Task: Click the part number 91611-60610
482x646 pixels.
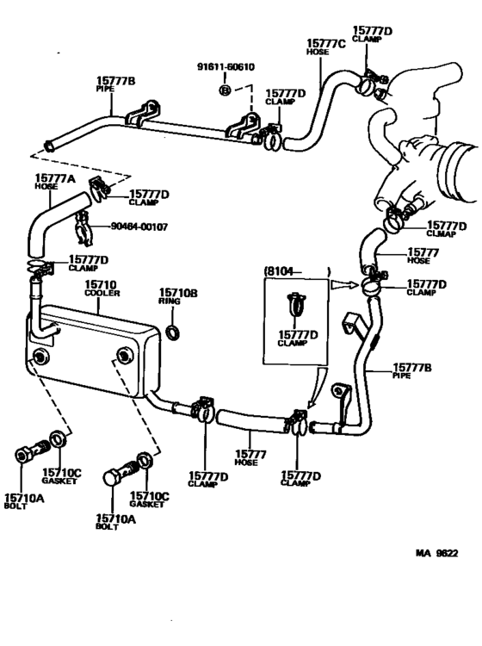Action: (226, 67)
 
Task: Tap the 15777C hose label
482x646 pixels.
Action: (324, 47)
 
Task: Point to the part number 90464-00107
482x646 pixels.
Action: (139, 227)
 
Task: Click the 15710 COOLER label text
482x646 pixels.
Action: (102, 289)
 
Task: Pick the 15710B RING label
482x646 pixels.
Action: (178, 297)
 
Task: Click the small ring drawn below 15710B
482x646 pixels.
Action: (172, 332)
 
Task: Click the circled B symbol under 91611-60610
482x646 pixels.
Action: (224, 90)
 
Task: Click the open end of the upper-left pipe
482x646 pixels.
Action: (53, 147)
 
